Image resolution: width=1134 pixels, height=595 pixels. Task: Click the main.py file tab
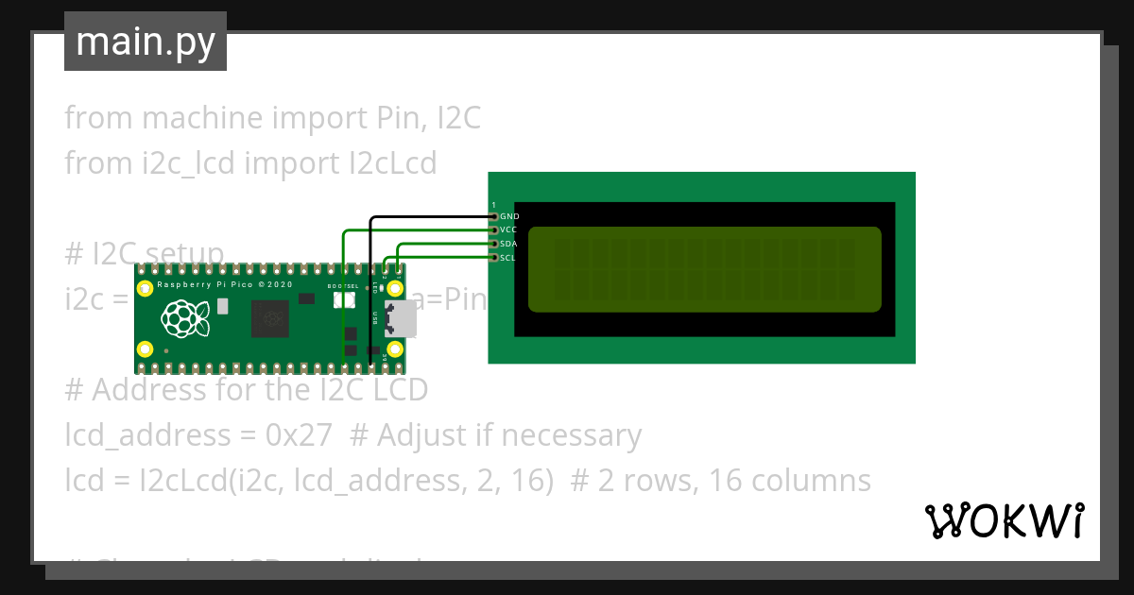pos(146,42)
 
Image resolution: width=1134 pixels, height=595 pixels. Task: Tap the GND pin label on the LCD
pos(509,216)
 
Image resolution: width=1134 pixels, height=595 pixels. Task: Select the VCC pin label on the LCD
pos(509,229)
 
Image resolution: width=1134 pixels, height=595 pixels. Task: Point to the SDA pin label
pos(509,244)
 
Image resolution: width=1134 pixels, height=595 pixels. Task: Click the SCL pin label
pos(508,257)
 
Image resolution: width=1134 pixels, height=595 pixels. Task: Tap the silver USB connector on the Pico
pos(400,318)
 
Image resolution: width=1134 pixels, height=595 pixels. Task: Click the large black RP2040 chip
pos(269,319)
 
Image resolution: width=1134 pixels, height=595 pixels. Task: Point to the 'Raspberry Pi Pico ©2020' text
pos(225,284)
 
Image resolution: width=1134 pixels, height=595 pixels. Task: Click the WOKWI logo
pos(1004,520)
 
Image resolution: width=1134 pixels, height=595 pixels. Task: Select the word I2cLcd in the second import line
pos(388,163)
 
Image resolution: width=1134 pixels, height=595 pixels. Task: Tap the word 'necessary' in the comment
pos(571,435)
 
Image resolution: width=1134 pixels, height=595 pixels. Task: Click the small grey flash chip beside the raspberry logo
pos(222,306)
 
